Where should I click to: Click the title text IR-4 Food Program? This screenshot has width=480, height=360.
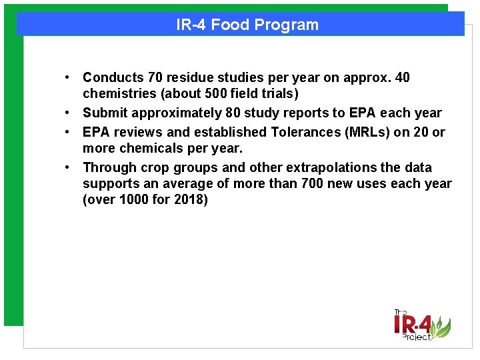(x=247, y=25)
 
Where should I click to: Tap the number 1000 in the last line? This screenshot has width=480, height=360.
(x=135, y=200)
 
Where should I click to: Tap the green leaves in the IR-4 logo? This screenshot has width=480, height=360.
(x=440, y=327)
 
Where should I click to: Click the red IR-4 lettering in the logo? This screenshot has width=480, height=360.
(x=413, y=325)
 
